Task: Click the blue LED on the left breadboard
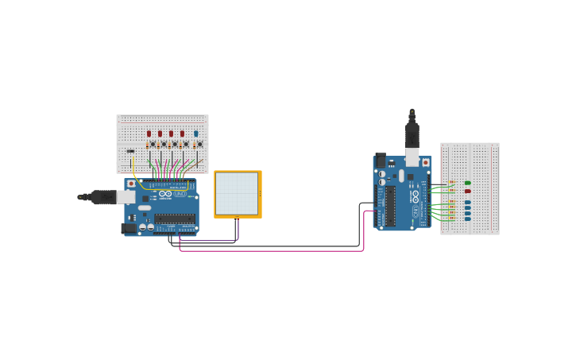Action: tap(195, 134)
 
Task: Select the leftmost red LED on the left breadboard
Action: tap(149, 134)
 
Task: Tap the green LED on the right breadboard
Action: tap(467, 183)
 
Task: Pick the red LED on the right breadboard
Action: tap(467, 191)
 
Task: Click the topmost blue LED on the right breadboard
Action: tap(467, 202)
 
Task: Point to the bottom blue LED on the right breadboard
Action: tap(467, 219)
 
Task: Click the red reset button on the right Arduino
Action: tap(425, 162)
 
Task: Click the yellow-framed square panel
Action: tap(238, 193)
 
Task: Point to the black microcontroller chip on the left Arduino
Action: tap(175, 218)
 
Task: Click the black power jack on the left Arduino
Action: tap(127, 229)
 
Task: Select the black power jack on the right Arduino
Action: tap(380, 160)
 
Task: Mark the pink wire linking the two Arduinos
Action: tap(270, 251)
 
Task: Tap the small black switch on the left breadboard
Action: tap(130, 151)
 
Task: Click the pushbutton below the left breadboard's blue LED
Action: tap(199, 145)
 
